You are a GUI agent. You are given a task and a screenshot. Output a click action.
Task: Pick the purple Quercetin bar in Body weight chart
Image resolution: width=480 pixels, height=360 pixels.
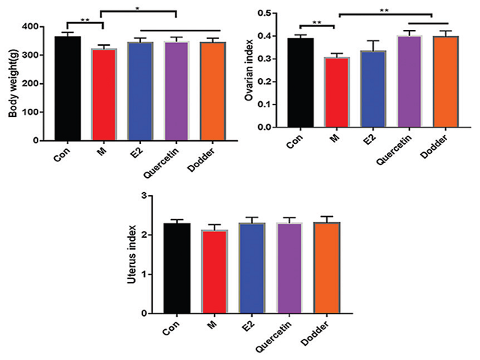point(178,91)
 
